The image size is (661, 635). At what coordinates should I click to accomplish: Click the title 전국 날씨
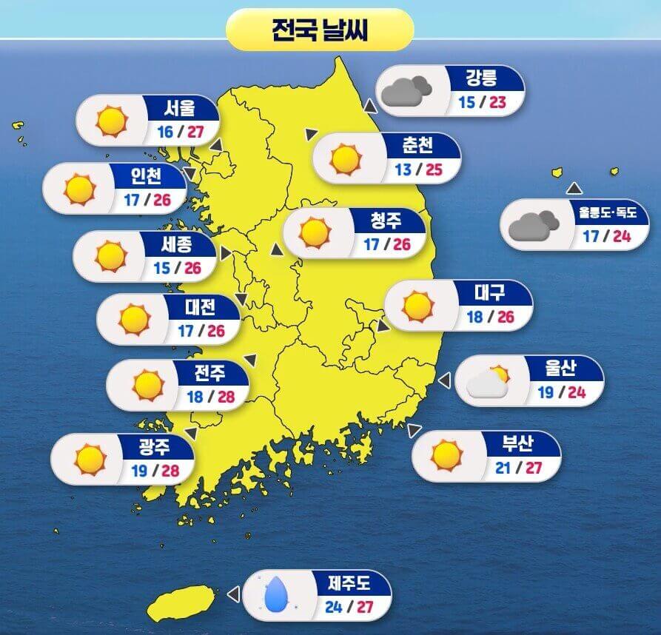pyautogui.click(x=320, y=30)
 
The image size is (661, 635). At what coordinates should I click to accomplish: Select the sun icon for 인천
pyautogui.click(x=80, y=189)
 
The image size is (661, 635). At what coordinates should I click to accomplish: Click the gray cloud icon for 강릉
pyautogui.click(x=404, y=90)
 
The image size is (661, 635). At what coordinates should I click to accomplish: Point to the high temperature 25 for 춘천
pyautogui.click(x=433, y=169)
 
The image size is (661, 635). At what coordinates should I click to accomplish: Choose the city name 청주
pyautogui.click(x=386, y=219)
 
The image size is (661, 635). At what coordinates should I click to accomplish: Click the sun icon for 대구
pyautogui.click(x=417, y=305)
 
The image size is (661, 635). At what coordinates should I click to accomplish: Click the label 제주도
pyautogui.click(x=349, y=584)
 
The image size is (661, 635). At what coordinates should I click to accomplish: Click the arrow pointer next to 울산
pyautogui.click(x=444, y=380)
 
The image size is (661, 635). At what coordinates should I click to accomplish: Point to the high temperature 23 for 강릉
pyautogui.click(x=496, y=102)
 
